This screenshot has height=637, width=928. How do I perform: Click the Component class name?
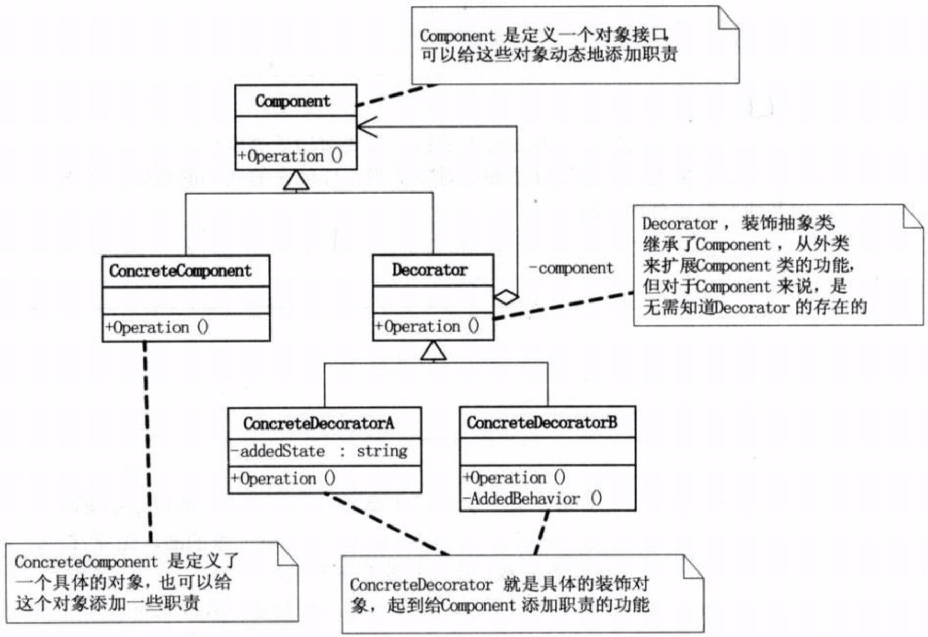tap(293, 101)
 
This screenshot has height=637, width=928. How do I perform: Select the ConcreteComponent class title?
tap(181, 271)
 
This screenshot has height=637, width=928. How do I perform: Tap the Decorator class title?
tap(429, 269)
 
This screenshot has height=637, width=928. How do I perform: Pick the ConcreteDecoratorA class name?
tap(318, 423)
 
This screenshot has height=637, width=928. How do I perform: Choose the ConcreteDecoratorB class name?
tap(542, 422)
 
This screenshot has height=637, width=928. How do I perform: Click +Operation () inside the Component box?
tap(290, 156)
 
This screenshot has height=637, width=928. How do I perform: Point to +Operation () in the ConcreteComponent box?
tap(157, 327)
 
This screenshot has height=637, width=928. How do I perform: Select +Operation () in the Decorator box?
tap(427, 326)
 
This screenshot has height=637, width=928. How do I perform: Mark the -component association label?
tap(571, 268)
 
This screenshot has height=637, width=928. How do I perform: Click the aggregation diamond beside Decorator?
tap(506, 297)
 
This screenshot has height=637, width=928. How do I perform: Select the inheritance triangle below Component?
tap(296, 181)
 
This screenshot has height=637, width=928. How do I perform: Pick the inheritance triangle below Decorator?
tap(434, 351)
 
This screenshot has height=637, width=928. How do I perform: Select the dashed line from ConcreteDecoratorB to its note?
tap(541, 533)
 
